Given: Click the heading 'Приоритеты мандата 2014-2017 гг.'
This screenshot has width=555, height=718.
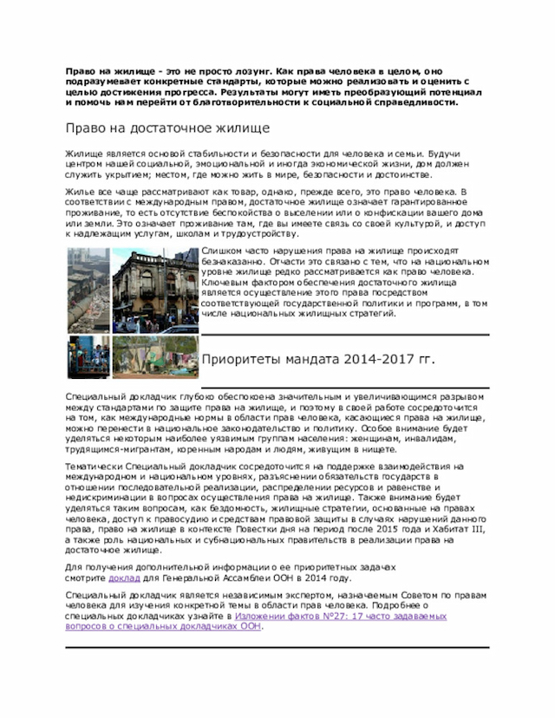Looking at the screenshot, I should pos(317,358).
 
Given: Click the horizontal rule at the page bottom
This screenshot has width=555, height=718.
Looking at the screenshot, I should pos(277,647).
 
